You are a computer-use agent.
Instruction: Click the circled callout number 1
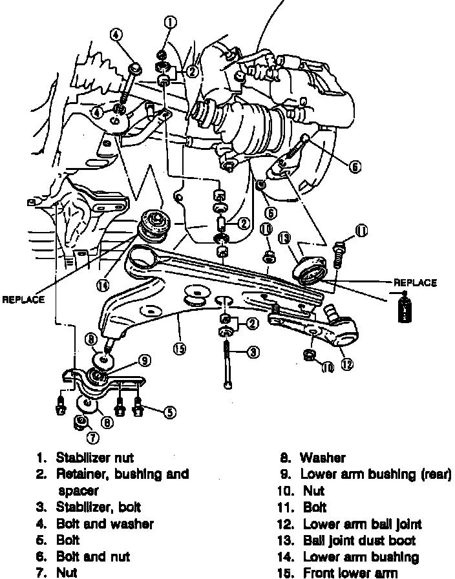(170, 23)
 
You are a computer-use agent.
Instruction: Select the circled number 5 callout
(169, 411)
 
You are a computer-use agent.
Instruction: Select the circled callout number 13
(284, 239)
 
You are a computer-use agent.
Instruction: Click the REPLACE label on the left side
(23, 299)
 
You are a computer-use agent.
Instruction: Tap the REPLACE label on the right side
(415, 282)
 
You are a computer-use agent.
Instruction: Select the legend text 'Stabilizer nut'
(94, 458)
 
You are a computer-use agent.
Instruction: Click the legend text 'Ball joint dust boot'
(359, 540)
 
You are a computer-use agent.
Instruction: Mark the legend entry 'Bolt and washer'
(105, 523)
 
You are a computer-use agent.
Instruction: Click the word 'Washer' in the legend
(323, 458)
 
